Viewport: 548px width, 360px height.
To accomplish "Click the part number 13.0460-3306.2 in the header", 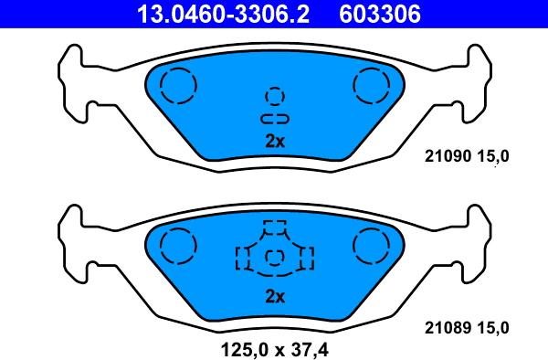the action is [x=223, y=14].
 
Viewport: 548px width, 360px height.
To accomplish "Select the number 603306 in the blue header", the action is [x=380, y=14].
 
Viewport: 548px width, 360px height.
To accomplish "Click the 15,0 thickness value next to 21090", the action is [x=493, y=156].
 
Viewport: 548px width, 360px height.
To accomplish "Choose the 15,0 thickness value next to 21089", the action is [x=493, y=328].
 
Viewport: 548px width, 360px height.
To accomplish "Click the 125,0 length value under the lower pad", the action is [x=244, y=350].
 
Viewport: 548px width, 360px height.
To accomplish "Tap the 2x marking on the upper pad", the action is [x=275, y=142].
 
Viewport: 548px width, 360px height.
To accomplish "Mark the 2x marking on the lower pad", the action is [x=275, y=297].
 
